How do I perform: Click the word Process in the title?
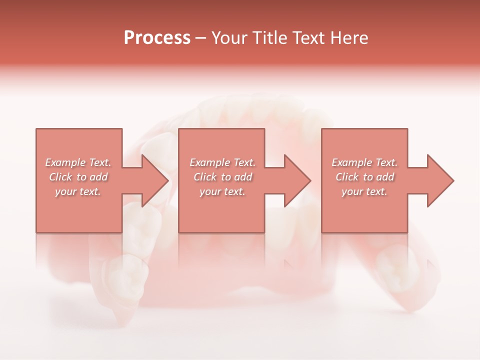coord(157,38)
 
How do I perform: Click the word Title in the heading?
coord(268,38)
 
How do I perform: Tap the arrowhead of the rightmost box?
coord(439,180)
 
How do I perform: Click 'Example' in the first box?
coord(65,162)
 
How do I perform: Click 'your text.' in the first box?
coord(78,191)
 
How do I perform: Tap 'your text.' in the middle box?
coord(222,191)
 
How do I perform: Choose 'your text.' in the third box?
coord(364,191)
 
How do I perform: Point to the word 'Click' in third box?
coord(347,177)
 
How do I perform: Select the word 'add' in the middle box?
coord(243,177)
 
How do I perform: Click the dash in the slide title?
coord(201,38)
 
